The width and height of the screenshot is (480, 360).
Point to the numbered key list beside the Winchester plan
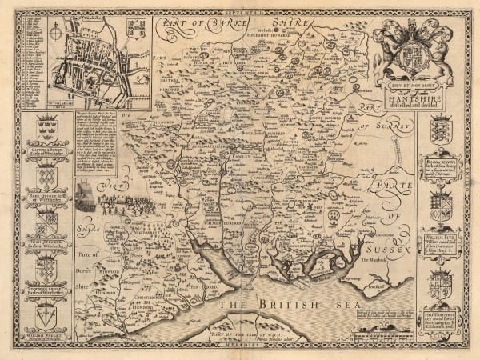pyautogui.click(x=32, y=60)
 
